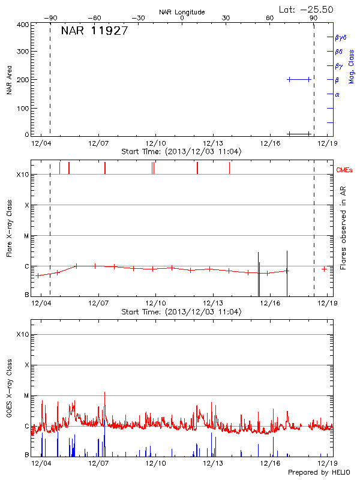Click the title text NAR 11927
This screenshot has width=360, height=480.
click(94, 32)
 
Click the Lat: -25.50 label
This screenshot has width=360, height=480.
click(307, 10)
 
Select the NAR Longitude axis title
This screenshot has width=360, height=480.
click(182, 12)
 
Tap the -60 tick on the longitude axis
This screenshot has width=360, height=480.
click(94, 19)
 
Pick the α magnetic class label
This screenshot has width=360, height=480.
click(337, 94)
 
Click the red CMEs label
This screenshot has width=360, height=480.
click(344, 170)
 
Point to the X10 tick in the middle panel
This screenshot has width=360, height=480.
click(23, 175)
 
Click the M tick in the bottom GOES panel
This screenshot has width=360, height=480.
click(26, 396)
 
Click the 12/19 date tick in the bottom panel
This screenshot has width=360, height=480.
click(326, 463)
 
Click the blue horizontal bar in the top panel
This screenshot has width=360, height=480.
click(299, 79)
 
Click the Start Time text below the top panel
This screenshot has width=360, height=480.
click(181, 152)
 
